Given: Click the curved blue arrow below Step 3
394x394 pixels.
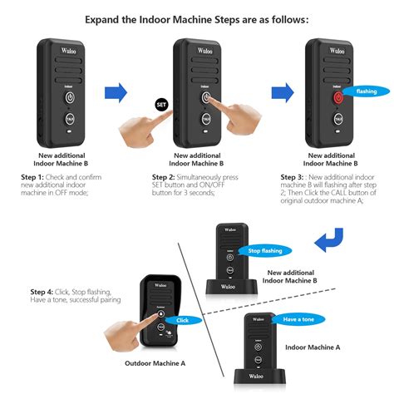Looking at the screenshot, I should pyautogui.click(x=330, y=242).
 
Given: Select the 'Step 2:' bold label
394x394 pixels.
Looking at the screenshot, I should pyautogui.click(x=167, y=177).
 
